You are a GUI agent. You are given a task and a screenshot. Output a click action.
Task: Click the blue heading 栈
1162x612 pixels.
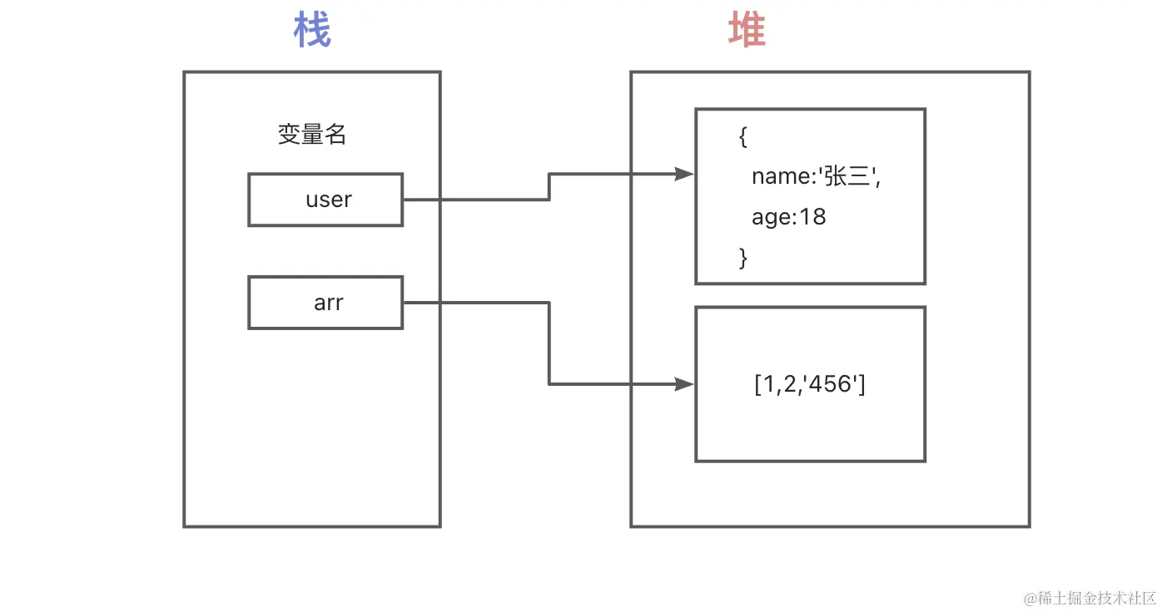click(312, 32)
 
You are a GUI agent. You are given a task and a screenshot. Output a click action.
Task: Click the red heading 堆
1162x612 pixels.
click(747, 32)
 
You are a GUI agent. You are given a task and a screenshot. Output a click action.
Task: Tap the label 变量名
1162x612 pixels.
click(311, 135)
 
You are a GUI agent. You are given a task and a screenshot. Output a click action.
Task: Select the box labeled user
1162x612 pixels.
click(325, 200)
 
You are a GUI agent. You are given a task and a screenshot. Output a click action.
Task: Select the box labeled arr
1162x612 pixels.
click(325, 303)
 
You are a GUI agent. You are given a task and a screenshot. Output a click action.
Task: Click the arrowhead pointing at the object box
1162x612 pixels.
click(684, 174)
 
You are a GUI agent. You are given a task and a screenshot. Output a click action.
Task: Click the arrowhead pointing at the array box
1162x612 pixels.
click(684, 384)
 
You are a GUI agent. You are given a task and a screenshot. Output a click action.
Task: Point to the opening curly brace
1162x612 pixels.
click(742, 136)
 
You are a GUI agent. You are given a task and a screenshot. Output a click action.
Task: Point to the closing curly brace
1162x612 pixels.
click(742, 258)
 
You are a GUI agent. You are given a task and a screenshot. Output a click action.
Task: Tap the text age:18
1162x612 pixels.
click(788, 217)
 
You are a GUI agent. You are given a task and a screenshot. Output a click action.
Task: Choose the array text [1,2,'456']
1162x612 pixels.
click(809, 385)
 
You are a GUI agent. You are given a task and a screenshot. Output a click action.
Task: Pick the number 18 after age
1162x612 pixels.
click(812, 217)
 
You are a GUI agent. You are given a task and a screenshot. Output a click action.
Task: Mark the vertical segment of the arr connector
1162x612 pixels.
click(549, 343)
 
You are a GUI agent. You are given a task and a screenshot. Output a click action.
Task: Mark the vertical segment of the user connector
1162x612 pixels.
click(549, 187)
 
